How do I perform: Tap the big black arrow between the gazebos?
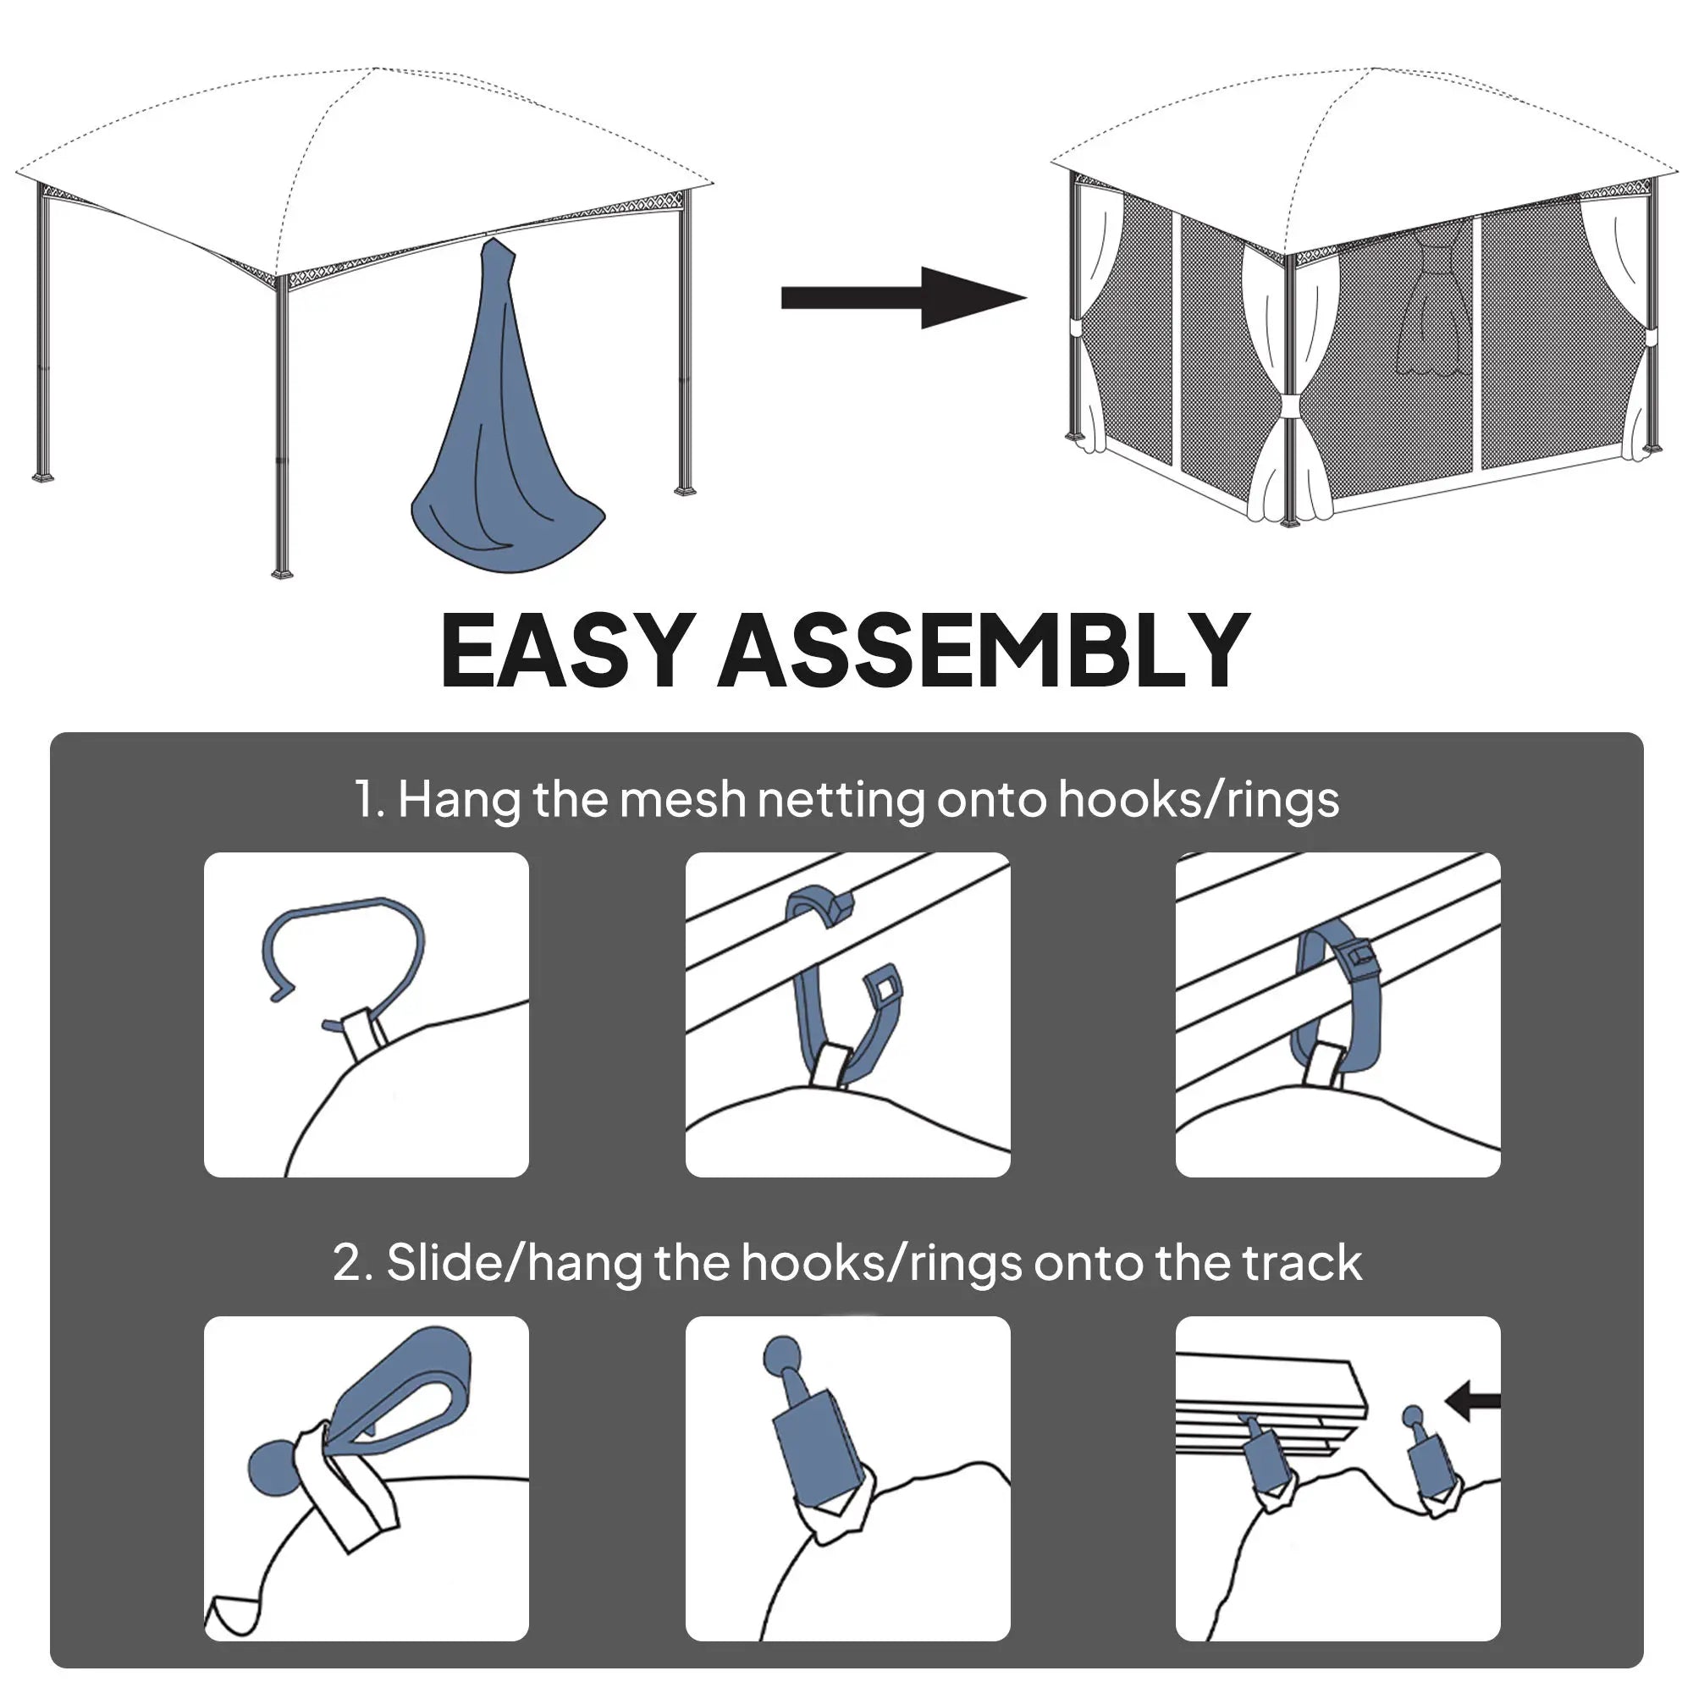click(902, 298)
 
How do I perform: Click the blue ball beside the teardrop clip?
click(273, 1469)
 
